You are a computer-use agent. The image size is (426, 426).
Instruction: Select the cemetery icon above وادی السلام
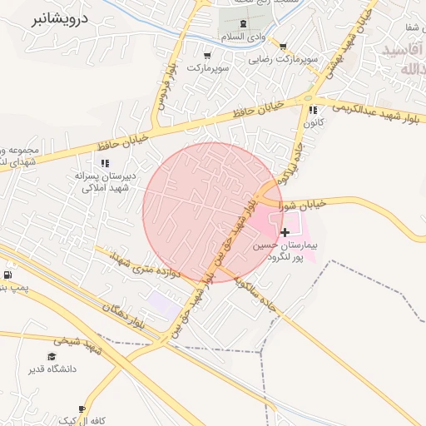pos(242,23)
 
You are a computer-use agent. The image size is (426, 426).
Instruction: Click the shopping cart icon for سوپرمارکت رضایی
pos(284,47)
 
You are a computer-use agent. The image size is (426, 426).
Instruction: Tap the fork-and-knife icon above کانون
pos(313,110)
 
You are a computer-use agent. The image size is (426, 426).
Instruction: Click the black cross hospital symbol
pos(286,232)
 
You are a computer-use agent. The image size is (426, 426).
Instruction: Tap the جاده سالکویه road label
pos(256,295)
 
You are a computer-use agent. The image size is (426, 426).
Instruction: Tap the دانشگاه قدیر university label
pos(52,369)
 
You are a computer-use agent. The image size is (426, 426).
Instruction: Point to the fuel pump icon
pos(7,275)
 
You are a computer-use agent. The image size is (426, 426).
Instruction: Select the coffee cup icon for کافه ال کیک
pos(82,409)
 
